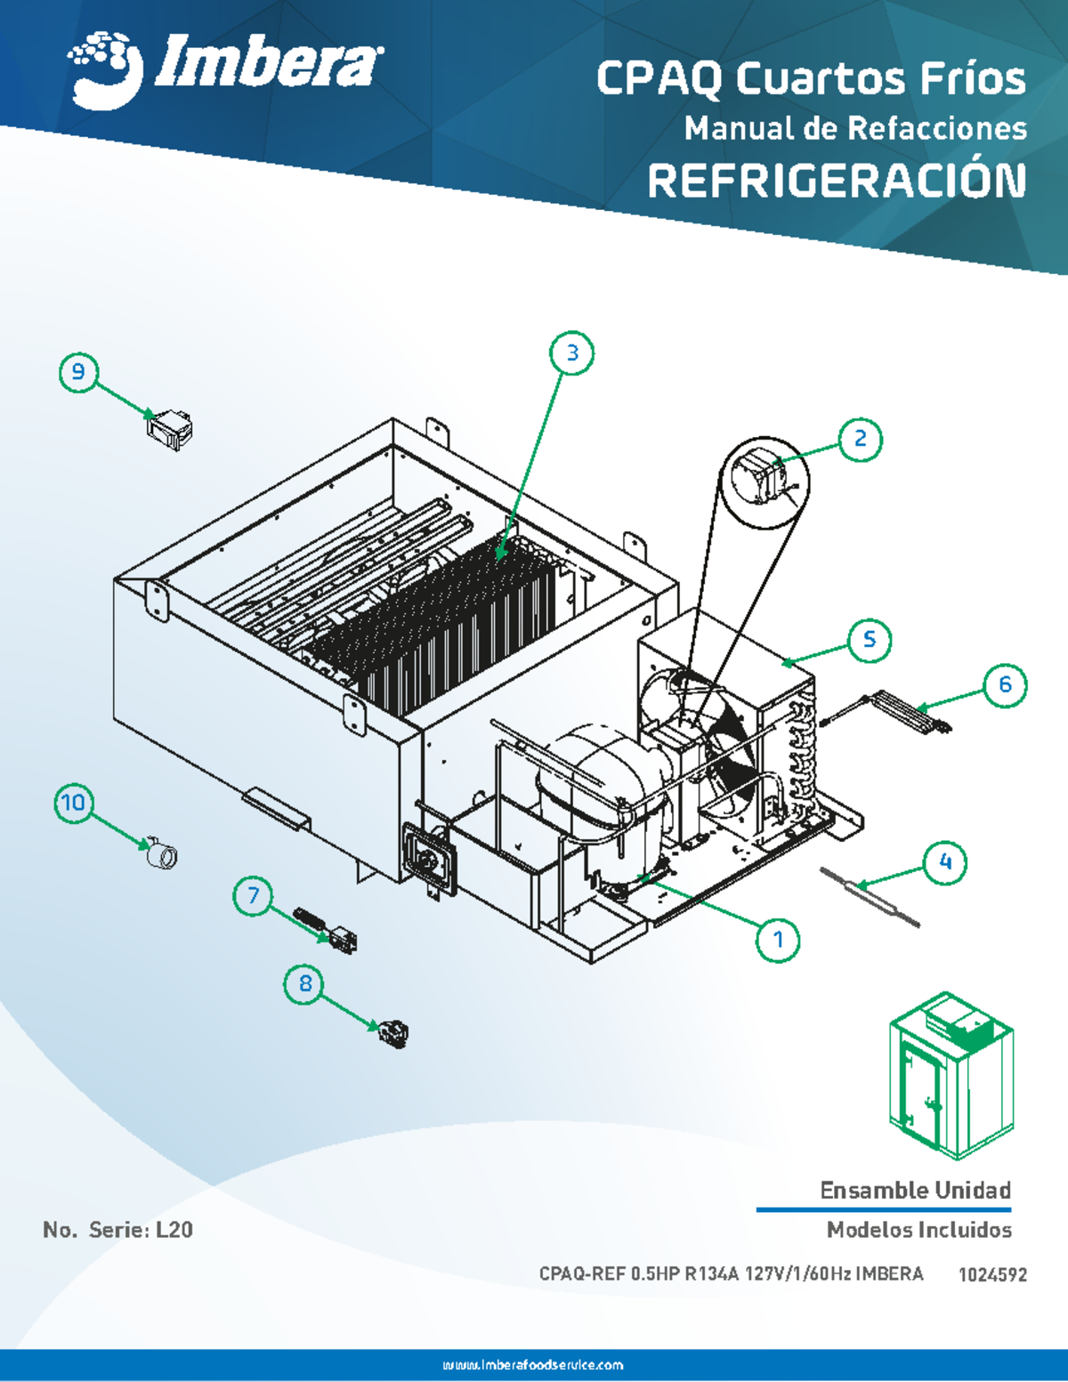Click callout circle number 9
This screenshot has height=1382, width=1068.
pos(78,371)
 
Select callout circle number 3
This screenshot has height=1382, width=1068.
pos(572,353)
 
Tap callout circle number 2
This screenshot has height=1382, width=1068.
pos(860,439)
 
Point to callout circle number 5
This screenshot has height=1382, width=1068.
pos(869,639)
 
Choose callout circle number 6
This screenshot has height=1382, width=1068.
pos(1005,684)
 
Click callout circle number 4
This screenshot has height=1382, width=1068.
pos(945,861)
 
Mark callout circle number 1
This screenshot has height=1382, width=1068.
pos(778,940)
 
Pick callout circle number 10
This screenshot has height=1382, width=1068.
pos(73,803)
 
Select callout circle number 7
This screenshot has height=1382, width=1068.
pos(254,895)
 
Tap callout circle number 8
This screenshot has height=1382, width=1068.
pos(305,983)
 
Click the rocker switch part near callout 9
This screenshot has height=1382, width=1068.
pos(169,428)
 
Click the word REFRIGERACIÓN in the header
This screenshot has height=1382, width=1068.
pos(836,182)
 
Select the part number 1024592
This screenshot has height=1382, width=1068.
pos(992,1274)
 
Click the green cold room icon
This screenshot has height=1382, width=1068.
pos(951,1075)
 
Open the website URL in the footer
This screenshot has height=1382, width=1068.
pos(533,1365)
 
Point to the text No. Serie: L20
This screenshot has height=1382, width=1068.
pos(117,1230)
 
